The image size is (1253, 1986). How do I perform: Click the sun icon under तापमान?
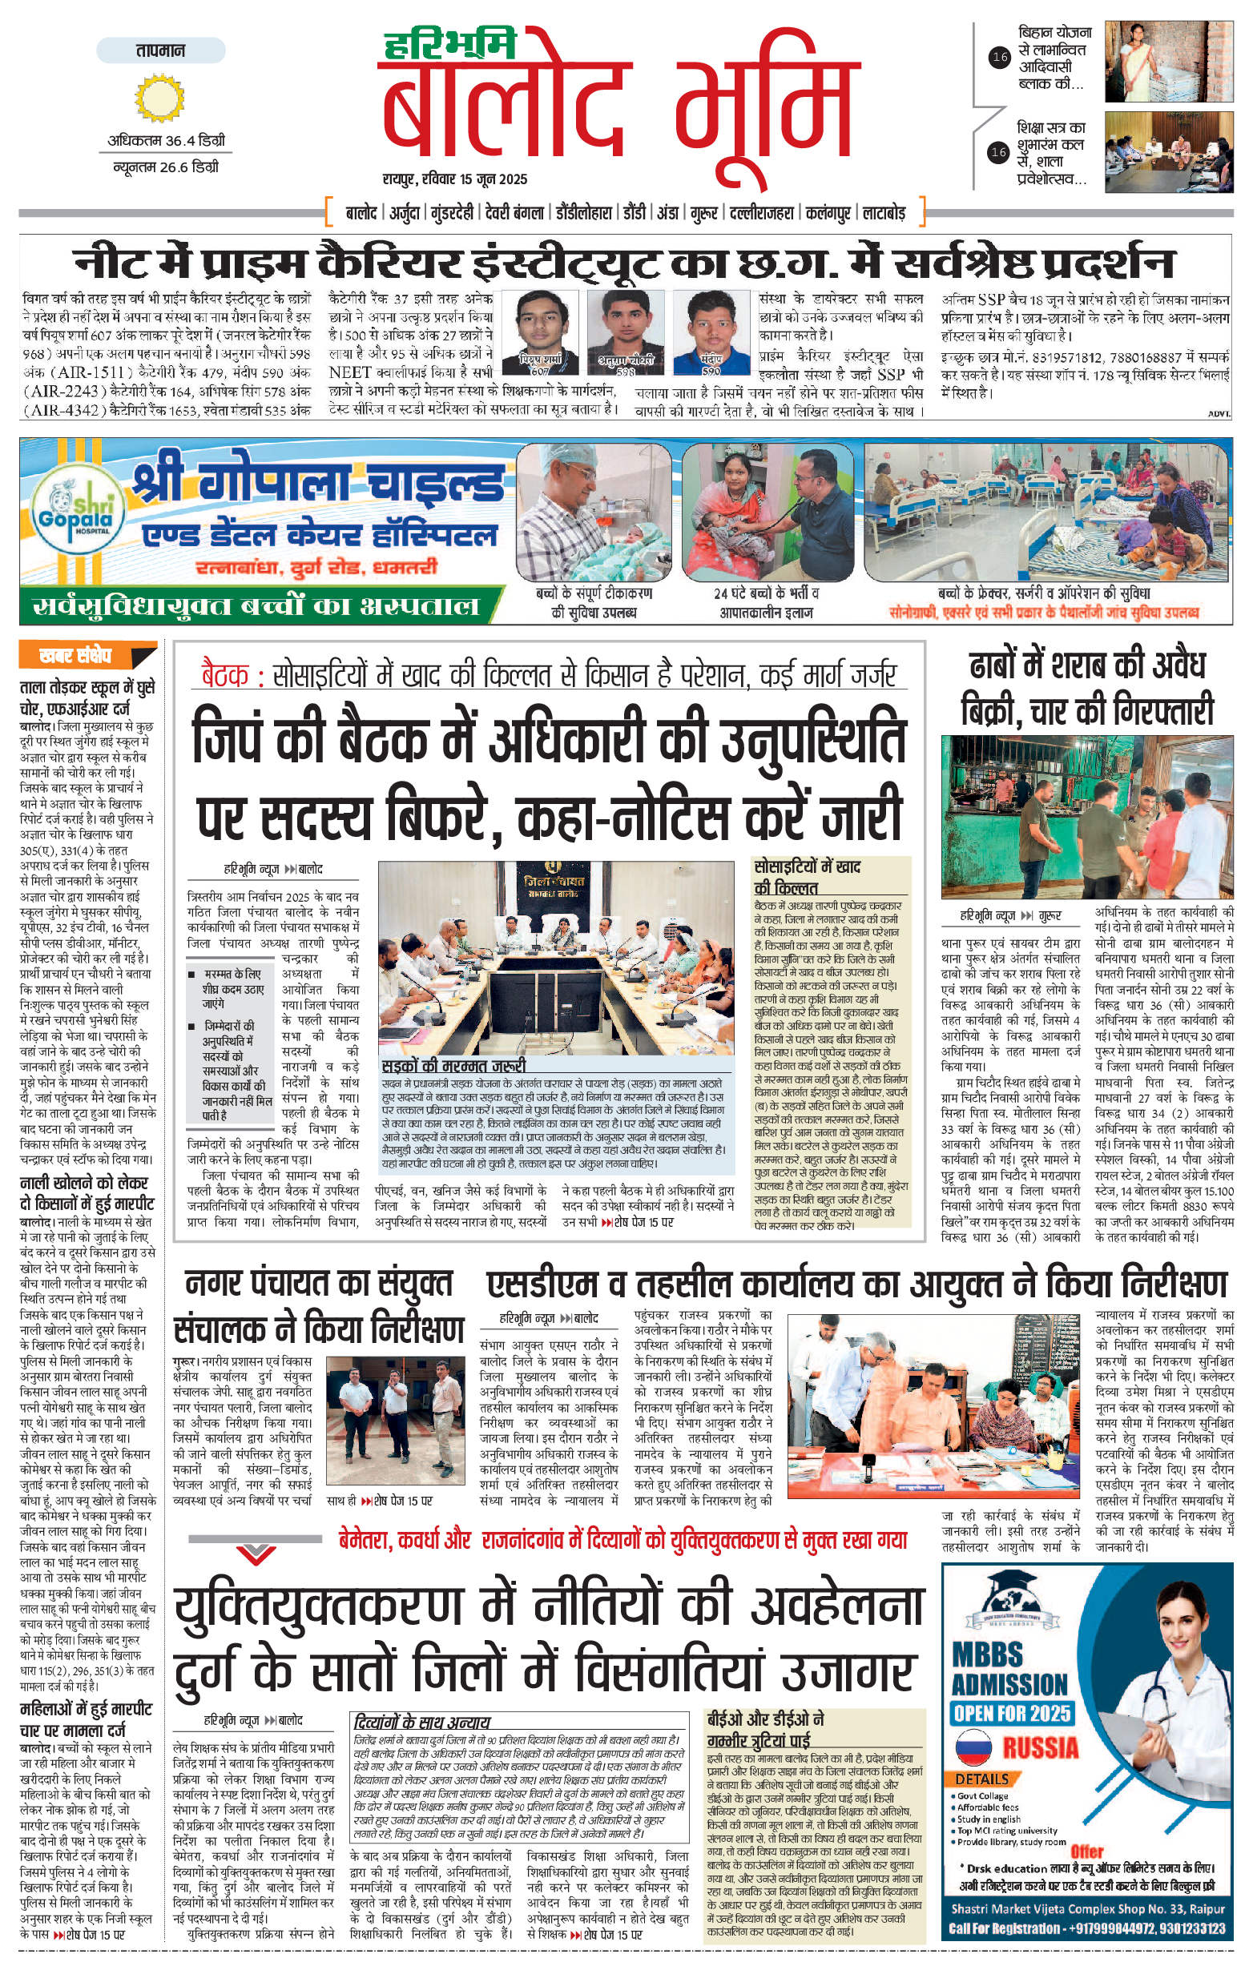point(160,98)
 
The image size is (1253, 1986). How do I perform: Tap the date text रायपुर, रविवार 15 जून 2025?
point(455,179)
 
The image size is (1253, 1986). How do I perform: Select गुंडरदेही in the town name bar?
point(452,214)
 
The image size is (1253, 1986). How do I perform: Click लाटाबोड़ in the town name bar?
point(884,214)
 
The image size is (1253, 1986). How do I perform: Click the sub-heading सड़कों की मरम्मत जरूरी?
point(453,1066)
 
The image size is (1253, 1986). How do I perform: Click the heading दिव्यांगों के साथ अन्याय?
point(421,1722)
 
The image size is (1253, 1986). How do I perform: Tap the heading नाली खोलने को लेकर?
point(84,1183)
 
